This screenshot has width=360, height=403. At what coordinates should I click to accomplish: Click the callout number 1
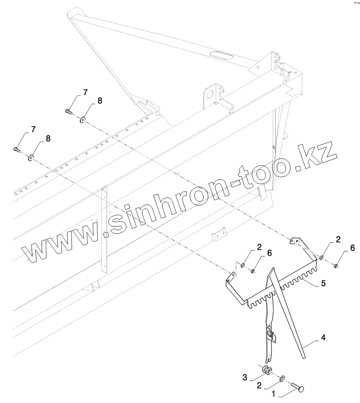274,392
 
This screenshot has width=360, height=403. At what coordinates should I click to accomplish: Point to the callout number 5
323,284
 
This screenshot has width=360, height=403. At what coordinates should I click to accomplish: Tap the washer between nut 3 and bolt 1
283,378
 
